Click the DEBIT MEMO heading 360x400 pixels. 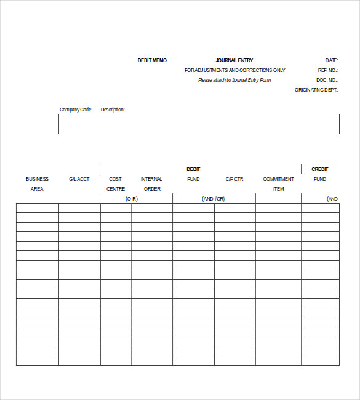(152, 60)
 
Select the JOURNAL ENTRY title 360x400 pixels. (234, 60)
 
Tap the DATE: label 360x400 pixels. (332, 60)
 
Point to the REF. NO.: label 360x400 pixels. (328, 70)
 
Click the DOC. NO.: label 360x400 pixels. (327, 80)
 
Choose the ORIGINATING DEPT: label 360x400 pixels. (316, 90)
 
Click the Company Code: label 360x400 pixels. (76, 110)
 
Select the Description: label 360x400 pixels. (113, 110)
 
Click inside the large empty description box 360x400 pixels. (199, 124)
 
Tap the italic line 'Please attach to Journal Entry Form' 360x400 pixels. (234, 80)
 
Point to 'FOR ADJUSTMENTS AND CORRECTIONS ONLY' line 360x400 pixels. (234, 70)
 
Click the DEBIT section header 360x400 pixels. (193, 169)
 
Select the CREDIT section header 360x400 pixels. (320, 169)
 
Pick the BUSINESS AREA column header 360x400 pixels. (37, 184)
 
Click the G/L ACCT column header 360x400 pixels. (79, 179)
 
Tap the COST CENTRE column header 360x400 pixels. (116, 184)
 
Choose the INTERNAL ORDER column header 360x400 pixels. (152, 184)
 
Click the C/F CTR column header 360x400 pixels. (234, 179)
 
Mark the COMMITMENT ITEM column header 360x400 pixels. (278, 184)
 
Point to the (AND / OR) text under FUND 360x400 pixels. (214, 199)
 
